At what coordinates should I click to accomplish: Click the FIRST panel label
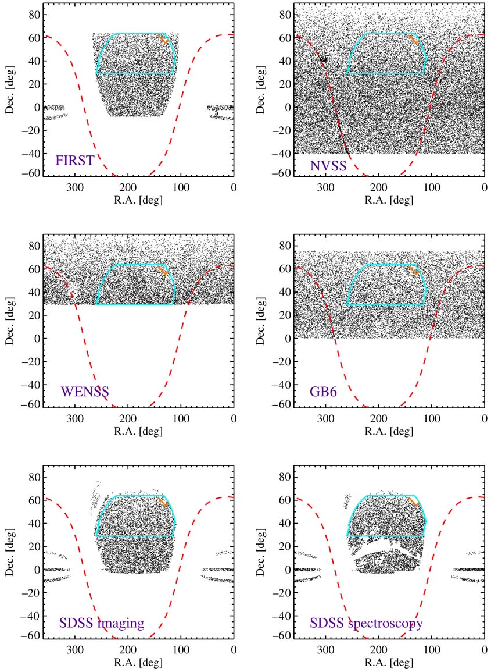tap(74, 159)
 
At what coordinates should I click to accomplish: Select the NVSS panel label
tap(328, 166)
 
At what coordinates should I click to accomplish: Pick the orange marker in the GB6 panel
tap(414, 270)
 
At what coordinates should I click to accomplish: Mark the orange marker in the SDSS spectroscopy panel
tap(414, 502)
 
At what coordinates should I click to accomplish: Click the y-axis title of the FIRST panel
tap(10, 89)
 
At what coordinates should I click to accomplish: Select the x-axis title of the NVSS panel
tap(389, 200)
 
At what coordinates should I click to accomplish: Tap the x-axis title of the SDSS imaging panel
tap(138, 663)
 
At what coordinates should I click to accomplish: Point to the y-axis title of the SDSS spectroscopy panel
tap(261, 552)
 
